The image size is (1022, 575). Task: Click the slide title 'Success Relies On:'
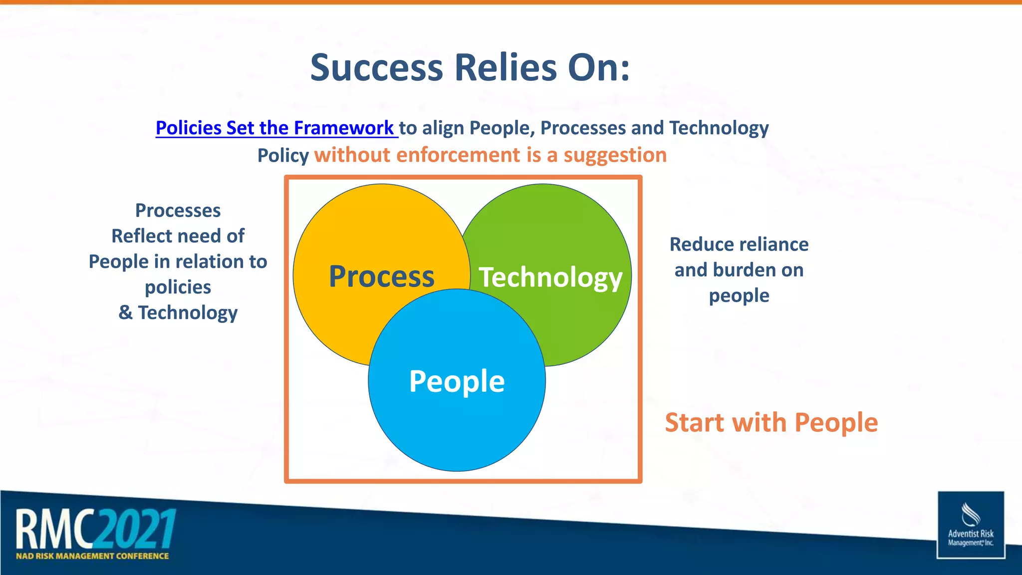pos(470,67)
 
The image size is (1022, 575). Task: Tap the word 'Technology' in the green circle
pos(550,277)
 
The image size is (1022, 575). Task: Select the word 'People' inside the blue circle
pos(457,381)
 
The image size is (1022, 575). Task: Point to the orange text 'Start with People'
pos(771,422)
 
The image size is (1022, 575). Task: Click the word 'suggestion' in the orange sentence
pos(615,155)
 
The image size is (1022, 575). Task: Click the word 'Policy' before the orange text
pos(283,156)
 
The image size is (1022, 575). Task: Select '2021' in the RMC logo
pos(136,529)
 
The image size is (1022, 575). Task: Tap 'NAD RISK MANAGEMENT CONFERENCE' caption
pos(92,556)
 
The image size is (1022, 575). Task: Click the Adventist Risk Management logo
pos(970,525)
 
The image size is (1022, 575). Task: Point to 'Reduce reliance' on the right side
pos(739,245)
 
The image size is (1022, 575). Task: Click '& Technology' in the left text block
pos(178,313)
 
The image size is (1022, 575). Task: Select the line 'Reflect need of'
pos(178,236)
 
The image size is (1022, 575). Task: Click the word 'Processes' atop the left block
pos(178,211)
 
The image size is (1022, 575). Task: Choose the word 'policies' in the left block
pos(178,287)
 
